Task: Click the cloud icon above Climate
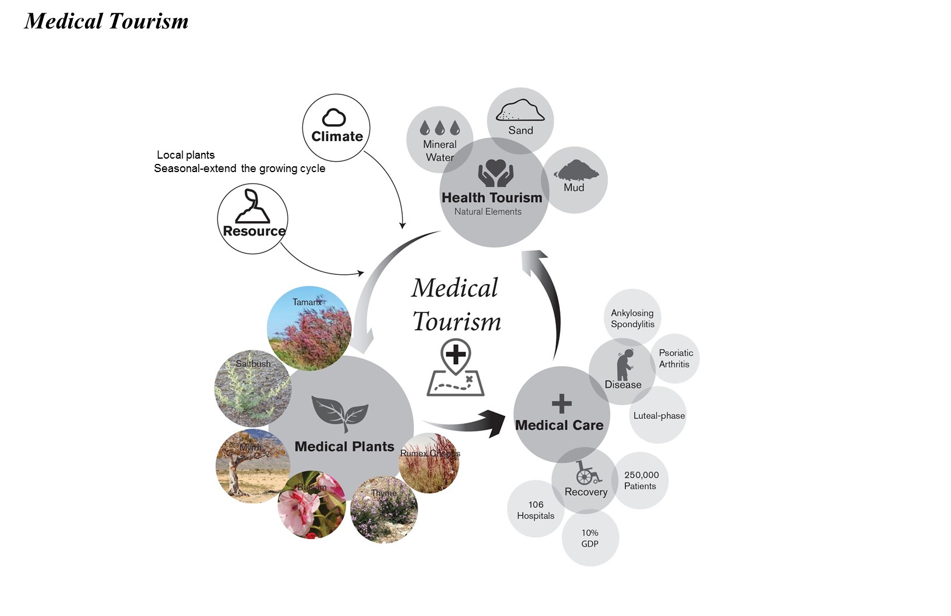coord(334,118)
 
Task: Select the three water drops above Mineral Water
coord(439,128)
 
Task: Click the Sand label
coord(520,131)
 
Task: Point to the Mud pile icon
coord(576,170)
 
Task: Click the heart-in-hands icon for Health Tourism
coord(495,173)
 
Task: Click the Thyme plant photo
coord(383,510)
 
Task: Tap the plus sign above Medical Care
coord(562,404)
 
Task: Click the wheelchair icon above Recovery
coord(587,473)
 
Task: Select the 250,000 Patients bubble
coord(641,481)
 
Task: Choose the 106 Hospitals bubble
coord(536,510)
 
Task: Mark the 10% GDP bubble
coord(590,538)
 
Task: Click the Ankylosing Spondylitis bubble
coord(632,318)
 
